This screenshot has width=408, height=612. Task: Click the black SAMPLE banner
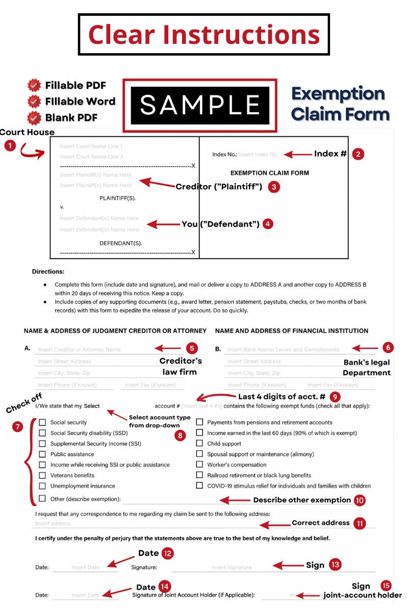199,105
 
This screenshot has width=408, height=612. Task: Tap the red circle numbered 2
358,154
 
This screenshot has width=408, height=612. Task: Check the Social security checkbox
42,422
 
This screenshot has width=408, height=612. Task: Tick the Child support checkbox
199,444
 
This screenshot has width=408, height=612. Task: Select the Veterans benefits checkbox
42,475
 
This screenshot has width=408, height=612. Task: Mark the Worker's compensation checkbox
199,465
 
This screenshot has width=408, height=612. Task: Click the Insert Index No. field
259,155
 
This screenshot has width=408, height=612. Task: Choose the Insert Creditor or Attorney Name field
79,350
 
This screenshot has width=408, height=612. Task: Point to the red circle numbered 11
360,523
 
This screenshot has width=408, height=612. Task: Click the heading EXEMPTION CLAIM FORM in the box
269,173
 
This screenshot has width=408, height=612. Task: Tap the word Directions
48,271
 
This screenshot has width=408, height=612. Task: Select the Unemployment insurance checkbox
42,486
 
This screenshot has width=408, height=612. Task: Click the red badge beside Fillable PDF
34,85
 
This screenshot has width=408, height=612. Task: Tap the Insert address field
53,523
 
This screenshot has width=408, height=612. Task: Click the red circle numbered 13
335,565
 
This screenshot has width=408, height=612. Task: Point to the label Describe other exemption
302,500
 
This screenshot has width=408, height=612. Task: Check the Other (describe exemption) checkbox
42,498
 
